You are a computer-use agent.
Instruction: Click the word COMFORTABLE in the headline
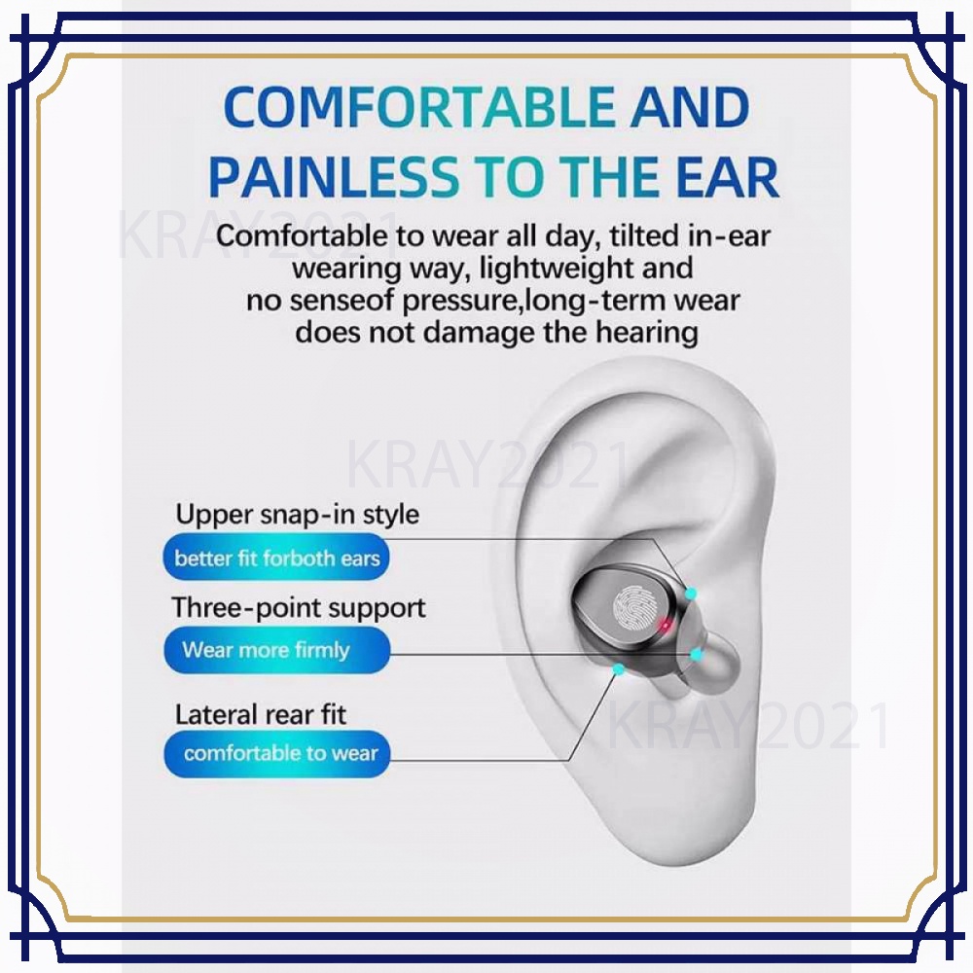click(418, 107)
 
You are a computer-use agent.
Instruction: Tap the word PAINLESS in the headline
click(334, 176)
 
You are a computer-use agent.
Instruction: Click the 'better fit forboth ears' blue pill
click(276, 558)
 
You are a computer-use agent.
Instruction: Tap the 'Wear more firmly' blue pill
click(276, 650)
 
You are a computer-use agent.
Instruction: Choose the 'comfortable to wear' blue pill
click(276, 753)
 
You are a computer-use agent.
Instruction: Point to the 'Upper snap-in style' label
click(297, 515)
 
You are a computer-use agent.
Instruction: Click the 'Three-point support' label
click(299, 608)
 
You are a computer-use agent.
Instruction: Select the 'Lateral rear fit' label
click(261, 714)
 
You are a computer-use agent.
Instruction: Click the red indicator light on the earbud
click(666, 625)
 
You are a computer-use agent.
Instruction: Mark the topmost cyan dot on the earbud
click(690, 595)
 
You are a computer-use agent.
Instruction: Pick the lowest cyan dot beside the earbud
click(618, 669)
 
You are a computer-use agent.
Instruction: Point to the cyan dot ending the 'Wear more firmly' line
click(697, 654)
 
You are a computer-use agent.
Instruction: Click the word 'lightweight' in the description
click(556, 270)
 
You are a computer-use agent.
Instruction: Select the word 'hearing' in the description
click(647, 333)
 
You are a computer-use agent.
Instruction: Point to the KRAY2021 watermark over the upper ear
click(487, 464)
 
